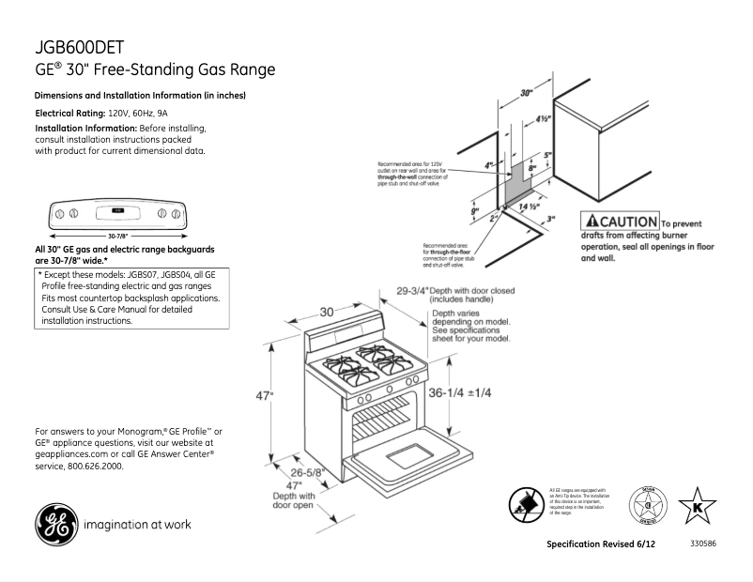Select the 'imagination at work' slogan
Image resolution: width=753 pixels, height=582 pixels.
click(x=137, y=525)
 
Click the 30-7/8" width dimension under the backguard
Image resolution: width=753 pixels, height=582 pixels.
click(x=118, y=234)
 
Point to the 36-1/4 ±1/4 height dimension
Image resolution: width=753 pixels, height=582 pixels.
click(x=460, y=392)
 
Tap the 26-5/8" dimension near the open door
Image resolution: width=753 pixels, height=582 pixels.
click(x=307, y=472)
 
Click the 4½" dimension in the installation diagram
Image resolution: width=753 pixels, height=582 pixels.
click(x=543, y=119)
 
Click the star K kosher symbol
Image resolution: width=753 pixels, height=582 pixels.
click(x=698, y=506)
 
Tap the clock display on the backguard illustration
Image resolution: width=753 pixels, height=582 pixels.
click(x=118, y=210)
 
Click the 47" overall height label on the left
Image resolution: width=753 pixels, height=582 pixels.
click(x=265, y=396)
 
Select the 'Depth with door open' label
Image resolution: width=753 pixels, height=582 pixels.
click(x=293, y=499)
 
